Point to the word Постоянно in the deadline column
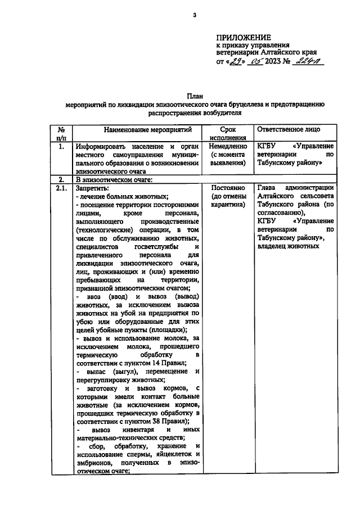pyautogui.click(x=227, y=188)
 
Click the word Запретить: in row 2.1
pyautogui.click(x=92, y=188)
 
